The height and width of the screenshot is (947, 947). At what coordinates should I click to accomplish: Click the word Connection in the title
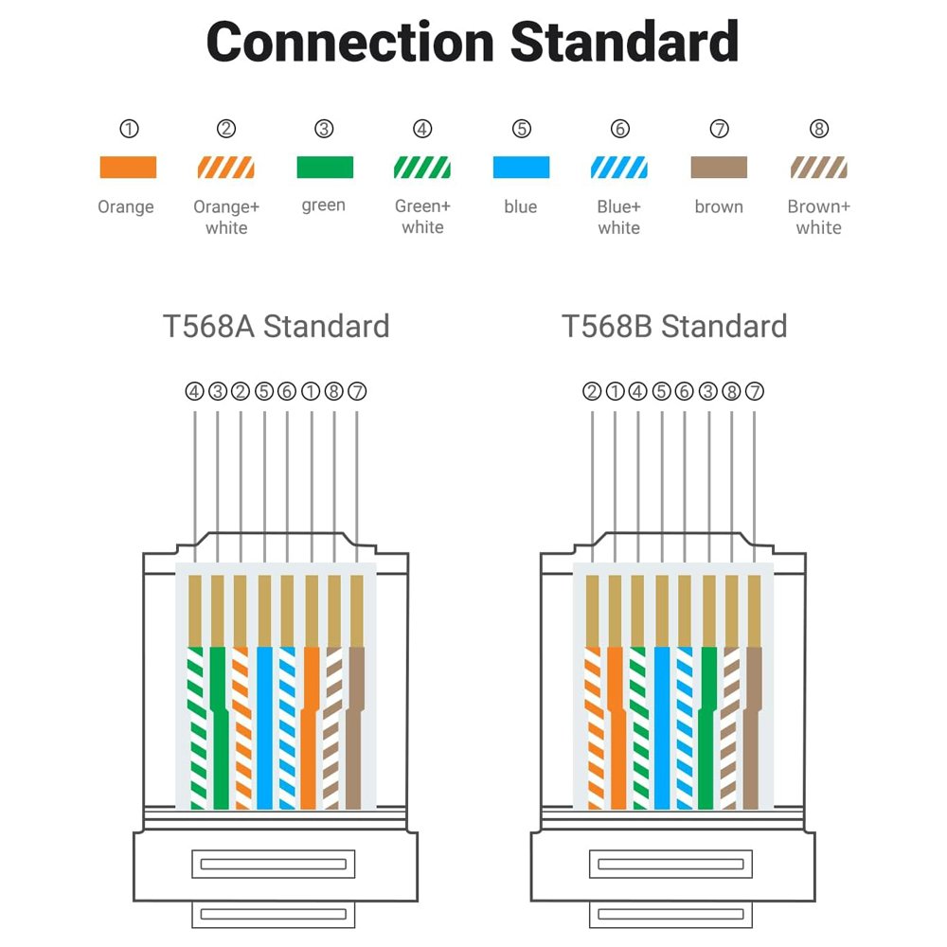click(x=349, y=43)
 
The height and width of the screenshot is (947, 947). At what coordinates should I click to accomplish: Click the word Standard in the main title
click(x=624, y=43)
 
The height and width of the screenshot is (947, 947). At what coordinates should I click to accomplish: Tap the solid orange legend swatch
click(x=128, y=168)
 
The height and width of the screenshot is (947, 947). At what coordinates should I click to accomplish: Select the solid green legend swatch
click(x=325, y=168)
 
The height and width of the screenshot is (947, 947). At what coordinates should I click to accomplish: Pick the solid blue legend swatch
click(x=521, y=168)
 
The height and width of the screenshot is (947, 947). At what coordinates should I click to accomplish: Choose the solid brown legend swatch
click(x=719, y=168)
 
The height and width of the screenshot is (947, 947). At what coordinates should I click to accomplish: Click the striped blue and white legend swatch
click(x=619, y=168)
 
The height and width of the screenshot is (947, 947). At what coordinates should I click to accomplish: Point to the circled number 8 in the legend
click(x=819, y=129)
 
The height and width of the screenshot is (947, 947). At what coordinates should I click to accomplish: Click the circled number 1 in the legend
click(x=129, y=129)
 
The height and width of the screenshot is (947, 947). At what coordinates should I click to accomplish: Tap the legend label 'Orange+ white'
click(x=226, y=217)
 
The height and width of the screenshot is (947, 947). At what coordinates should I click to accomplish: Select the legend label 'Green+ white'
click(x=422, y=217)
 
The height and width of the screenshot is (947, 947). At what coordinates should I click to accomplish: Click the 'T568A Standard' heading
click(x=276, y=327)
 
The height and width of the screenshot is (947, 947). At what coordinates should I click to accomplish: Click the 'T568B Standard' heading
click(x=674, y=327)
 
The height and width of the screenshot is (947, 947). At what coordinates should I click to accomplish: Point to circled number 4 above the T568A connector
click(x=194, y=391)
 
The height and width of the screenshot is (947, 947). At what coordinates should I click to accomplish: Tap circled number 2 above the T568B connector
click(x=592, y=391)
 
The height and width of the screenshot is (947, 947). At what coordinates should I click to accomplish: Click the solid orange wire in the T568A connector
click(x=310, y=729)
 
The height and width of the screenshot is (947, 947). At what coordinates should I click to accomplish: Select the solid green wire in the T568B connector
click(x=706, y=729)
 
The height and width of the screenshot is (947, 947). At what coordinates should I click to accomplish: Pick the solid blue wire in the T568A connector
click(x=264, y=729)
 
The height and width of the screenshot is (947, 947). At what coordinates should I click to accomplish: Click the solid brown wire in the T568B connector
click(x=753, y=729)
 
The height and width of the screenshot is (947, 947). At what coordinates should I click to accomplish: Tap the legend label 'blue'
click(x=521, y=206)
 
